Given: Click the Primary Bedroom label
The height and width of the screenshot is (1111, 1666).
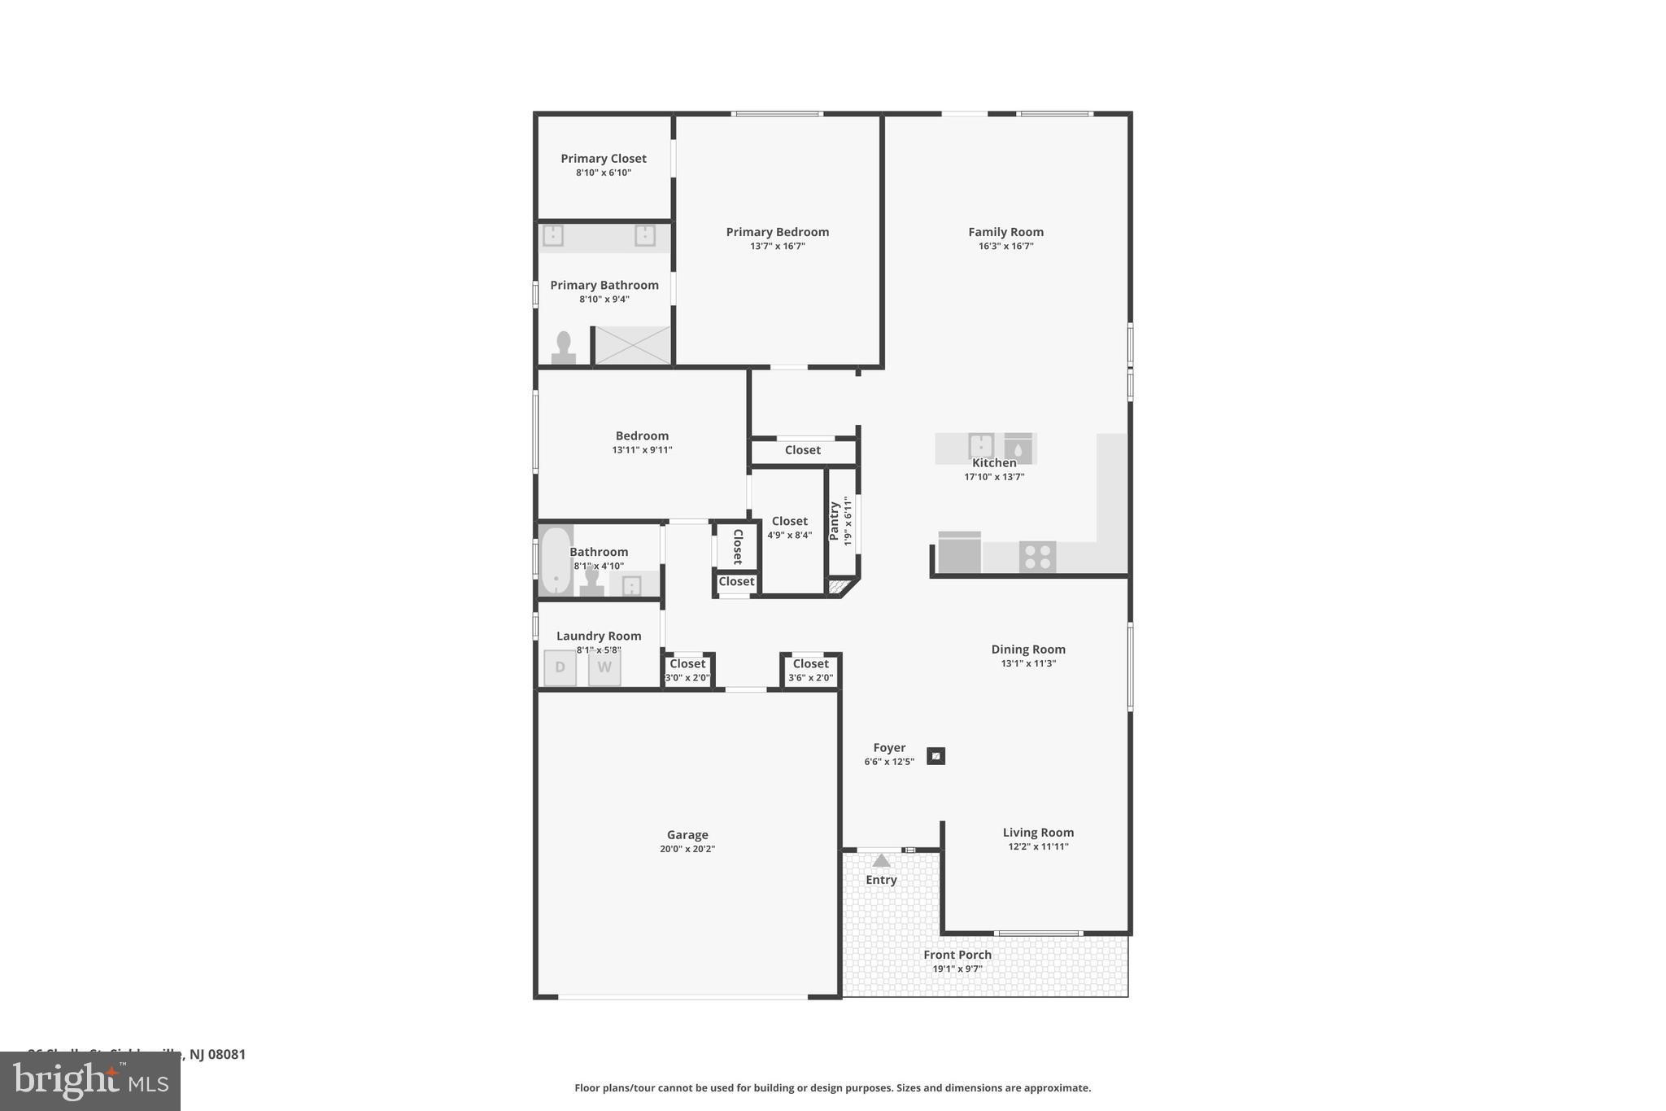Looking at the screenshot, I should point(777,232).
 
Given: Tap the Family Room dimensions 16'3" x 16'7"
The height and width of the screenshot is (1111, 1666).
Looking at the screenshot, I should point(1005,246).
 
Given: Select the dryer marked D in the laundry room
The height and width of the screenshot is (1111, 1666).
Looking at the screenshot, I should point(560,667).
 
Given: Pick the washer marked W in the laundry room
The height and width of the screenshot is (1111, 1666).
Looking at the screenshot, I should point(604,667).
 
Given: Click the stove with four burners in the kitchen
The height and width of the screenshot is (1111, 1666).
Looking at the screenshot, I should point(1037,558).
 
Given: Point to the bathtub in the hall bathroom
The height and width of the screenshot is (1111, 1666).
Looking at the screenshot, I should point(556,561).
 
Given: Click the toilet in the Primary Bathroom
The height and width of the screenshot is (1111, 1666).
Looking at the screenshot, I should point(563,348).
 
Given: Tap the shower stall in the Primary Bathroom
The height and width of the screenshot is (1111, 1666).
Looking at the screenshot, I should point(632,345).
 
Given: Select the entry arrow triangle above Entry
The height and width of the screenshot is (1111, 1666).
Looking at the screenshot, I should point(881,860).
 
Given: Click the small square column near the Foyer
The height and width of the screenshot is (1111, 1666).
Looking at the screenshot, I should point(936,756).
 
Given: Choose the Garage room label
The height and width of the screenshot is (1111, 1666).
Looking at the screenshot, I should point(687,834).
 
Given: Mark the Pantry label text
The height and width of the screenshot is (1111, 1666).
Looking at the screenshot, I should point(834,521).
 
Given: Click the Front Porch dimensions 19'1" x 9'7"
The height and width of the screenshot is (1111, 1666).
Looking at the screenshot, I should point(957,969).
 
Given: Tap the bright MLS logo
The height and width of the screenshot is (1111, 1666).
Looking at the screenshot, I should point(90,1081).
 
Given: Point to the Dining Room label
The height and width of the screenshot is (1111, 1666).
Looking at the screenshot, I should point(1028,649).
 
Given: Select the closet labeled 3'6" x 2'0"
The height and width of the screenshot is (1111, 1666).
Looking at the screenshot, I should point(810,671).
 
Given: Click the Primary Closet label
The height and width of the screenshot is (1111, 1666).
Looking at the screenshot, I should point(604,159).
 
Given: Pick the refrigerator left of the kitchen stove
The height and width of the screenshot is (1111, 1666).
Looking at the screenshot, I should point(960,553).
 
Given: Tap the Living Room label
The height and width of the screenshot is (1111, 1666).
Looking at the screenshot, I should point(1038,832).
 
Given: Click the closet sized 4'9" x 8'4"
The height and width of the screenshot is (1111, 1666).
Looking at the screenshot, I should point(789,527).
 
